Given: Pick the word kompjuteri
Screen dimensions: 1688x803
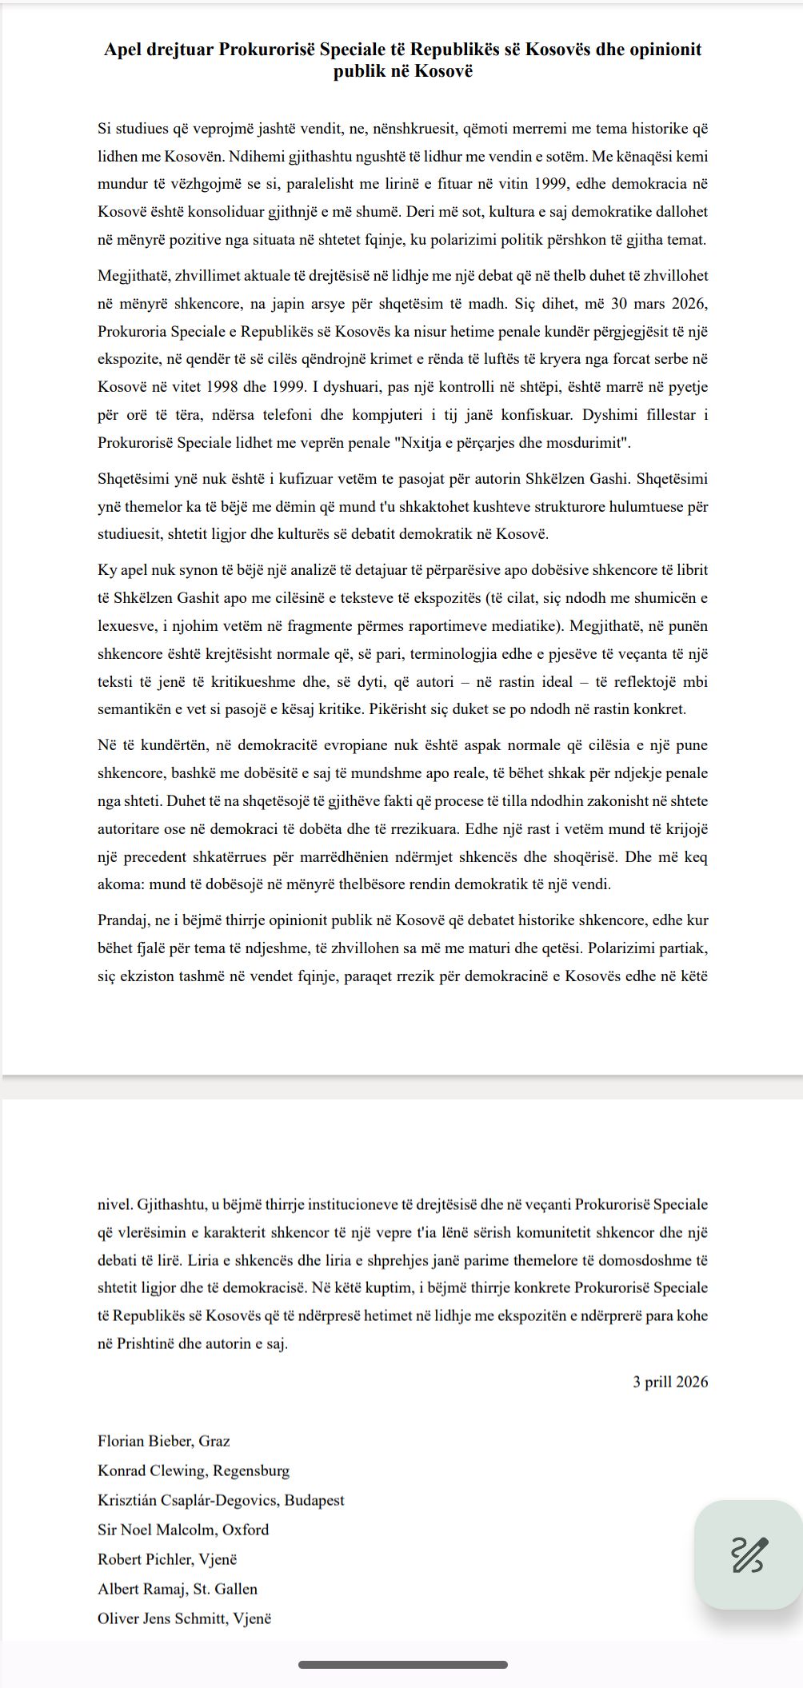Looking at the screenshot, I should tap(498, 415).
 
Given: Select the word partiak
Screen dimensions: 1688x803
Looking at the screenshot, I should tap(685, 948).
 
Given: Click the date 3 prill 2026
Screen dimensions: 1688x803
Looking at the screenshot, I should tap(670, 1383).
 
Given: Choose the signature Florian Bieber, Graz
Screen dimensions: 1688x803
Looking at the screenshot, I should tap(163, 1442).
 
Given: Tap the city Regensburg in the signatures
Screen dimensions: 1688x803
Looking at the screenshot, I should tap(252, 1471).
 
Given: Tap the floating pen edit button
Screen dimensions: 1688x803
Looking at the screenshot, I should tap(748, 1554).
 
